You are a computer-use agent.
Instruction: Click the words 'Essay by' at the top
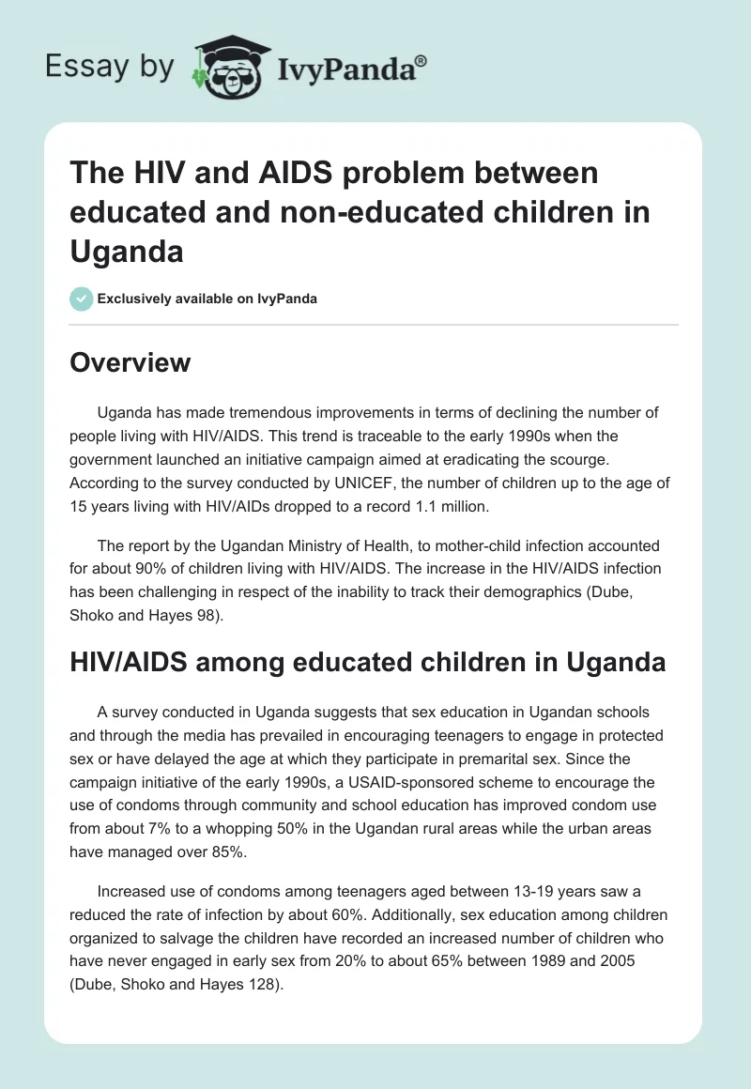pos(110,67)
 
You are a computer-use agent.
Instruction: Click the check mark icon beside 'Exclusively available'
pos(81,299)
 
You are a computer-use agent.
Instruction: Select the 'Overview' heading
pos(130,362)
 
